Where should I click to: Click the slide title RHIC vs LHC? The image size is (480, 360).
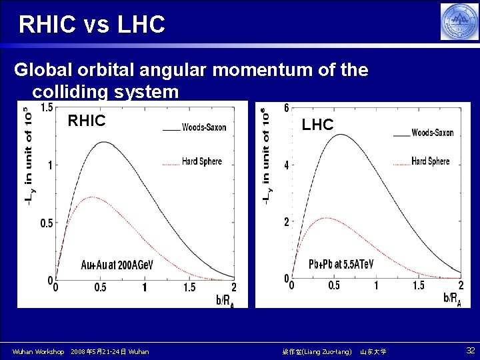(92, 25)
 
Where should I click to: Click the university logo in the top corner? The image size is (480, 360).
(459, 22)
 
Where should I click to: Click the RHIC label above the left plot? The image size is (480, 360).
(87, 121)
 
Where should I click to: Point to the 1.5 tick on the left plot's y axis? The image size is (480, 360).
(47, 107)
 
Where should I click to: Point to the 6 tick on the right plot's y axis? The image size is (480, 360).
(286, 108)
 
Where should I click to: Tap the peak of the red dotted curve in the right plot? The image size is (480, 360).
(325, 218)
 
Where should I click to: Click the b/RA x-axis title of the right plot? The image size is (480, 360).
(452, 297)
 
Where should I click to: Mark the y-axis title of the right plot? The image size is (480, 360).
(266, 156)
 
